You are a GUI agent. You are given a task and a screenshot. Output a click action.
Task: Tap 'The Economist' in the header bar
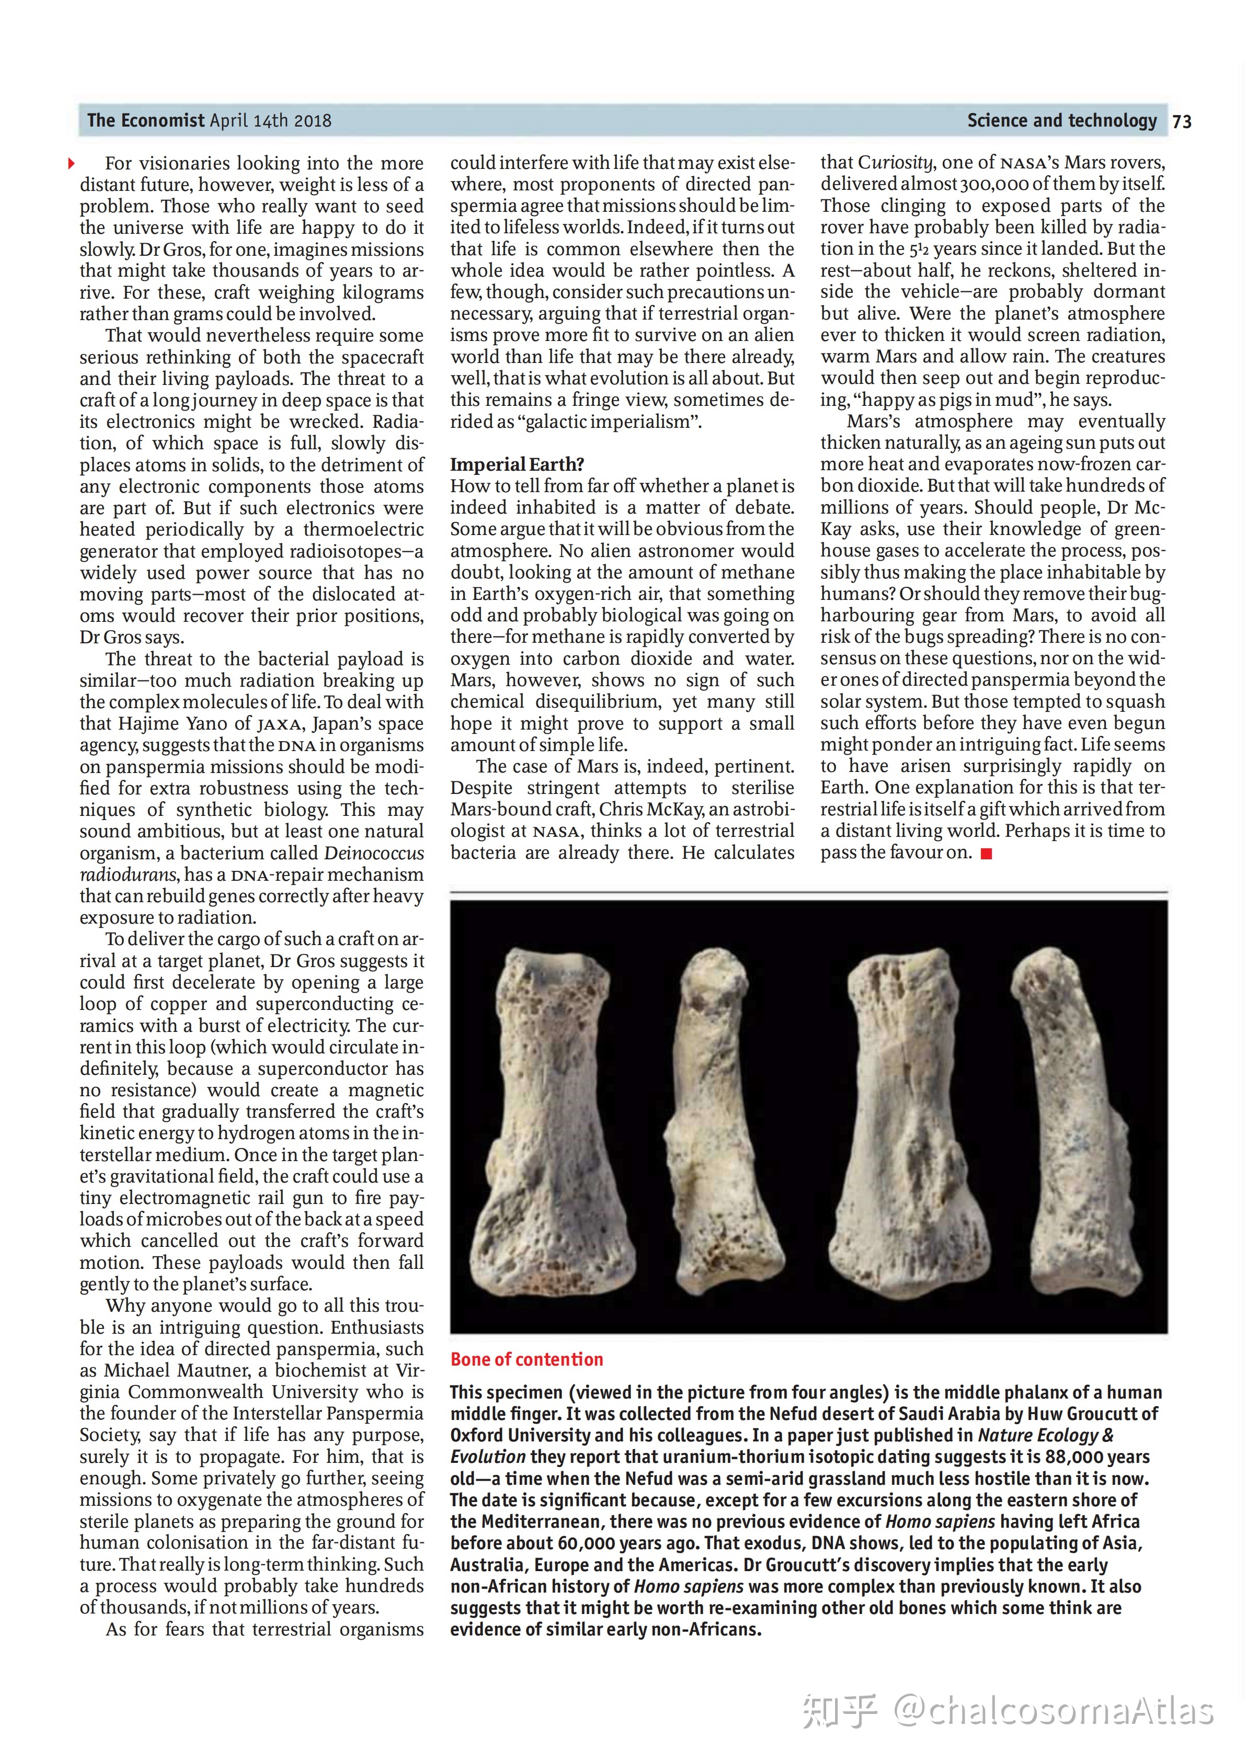click(x=146, y=120)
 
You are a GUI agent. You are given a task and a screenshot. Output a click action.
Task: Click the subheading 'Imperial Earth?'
click(x=517, y=465)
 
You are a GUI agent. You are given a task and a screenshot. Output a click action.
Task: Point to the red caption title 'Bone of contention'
click(x=527, y=1360)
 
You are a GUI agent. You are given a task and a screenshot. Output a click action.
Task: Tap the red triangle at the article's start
click(x=71, y=163)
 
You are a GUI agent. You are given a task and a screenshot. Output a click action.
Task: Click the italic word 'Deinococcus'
click(x=373, y=853)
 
